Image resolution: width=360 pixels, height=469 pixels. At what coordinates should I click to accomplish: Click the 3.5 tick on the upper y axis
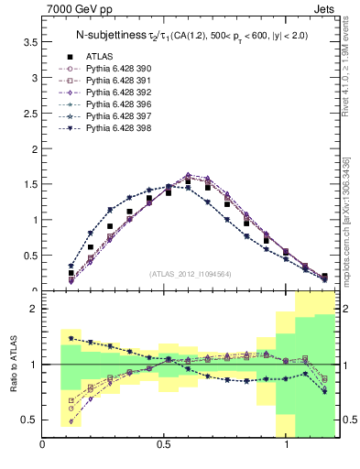27,42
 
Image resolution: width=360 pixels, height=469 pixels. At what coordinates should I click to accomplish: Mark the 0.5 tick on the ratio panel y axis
27,420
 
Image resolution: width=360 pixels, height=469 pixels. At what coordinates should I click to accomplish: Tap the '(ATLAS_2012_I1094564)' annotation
191,273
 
